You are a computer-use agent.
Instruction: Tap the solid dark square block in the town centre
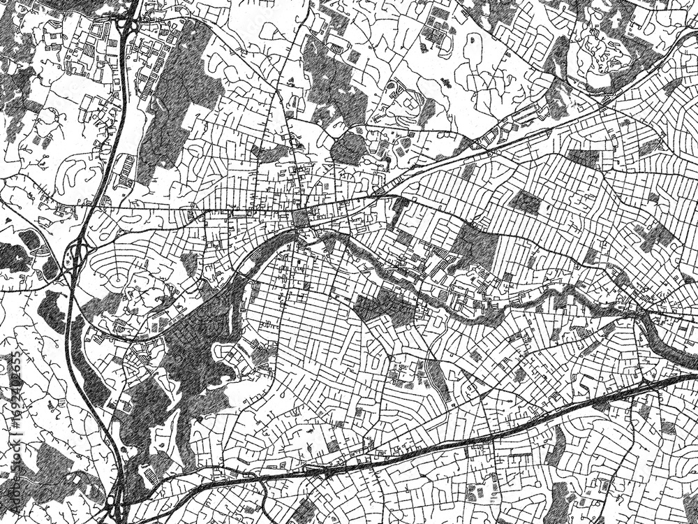point(302,219)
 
